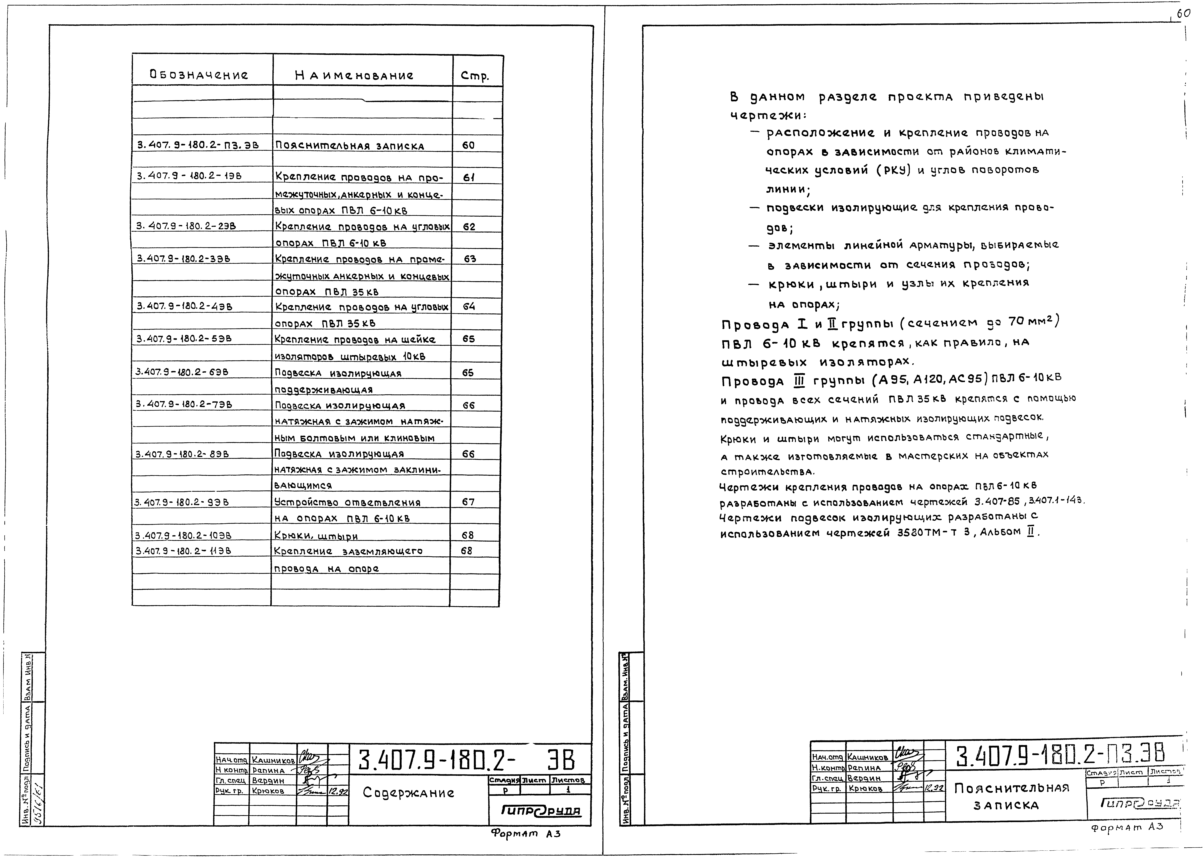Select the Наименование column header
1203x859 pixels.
coord(354,75)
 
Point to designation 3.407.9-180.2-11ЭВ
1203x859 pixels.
coord(183,551)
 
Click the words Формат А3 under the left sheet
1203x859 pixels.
coord(525,834)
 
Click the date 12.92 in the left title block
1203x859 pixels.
coord(338,791)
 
